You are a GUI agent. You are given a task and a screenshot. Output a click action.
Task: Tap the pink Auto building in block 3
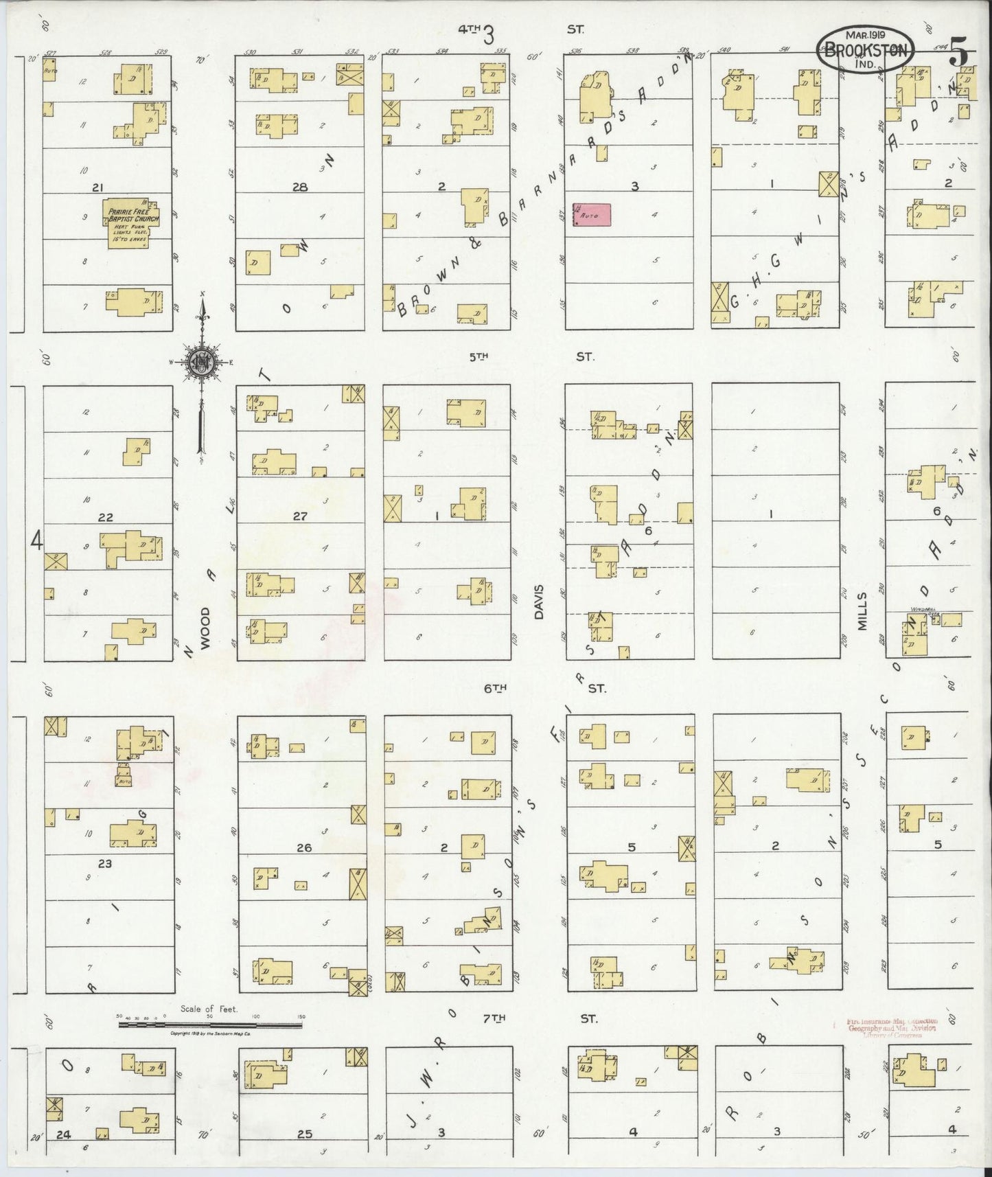[592, 213]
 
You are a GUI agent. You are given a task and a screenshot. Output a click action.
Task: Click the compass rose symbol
[203, 363]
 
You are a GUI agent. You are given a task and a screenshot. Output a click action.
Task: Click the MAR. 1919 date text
[864, 34]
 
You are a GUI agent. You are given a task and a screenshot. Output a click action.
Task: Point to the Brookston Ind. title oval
[865, 50]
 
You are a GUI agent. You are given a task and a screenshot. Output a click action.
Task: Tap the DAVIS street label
[540, 602]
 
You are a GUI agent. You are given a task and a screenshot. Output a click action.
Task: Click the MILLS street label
[863, 611]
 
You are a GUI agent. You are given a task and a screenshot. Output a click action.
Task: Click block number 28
[300, 187]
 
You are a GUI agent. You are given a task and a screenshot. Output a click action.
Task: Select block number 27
[300, 516]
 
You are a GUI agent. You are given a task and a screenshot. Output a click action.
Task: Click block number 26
[304, 847]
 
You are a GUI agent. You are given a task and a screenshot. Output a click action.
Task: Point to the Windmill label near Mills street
[919, 609]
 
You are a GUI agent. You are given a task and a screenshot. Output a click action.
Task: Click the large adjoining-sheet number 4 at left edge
[37, 541]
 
